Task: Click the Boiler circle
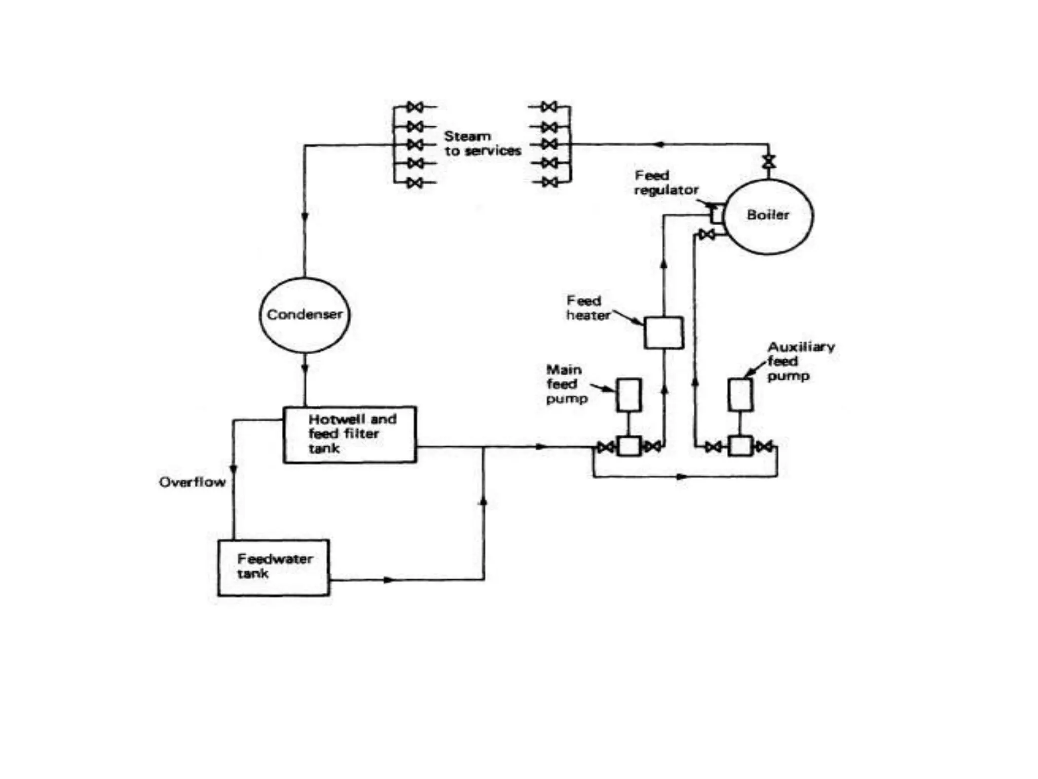(x=768, y=216)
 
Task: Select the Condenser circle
(x=305, y=315)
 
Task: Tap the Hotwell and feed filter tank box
(x=350, y=435)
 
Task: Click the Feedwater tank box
(x=274, y=568)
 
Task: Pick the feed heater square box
(x=663, y=333)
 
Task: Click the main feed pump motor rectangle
(x=628, y=395)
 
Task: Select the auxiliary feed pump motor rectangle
(x=740, y=395)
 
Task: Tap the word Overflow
(x=192, y=482)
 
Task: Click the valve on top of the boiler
(x=769, y=162)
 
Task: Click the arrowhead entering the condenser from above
(x=305, y=217)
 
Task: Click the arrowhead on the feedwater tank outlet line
(x=389, y=580)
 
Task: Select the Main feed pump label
(x=566, y=384)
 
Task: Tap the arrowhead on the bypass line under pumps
(x=682, y=477)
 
